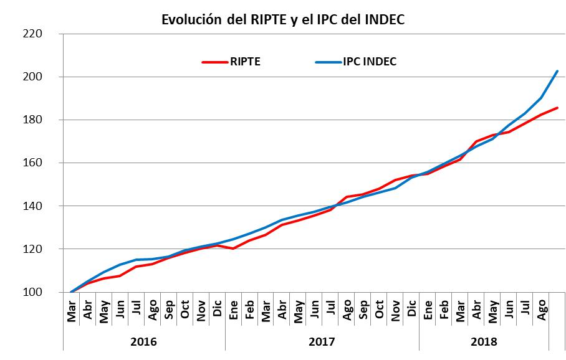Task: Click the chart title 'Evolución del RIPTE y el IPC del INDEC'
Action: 283,19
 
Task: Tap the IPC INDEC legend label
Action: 370,62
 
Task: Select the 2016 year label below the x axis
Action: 144,342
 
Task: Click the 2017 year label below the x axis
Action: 322,342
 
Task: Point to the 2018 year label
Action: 484,342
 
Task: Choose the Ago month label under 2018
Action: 542,310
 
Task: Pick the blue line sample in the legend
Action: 329,62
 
